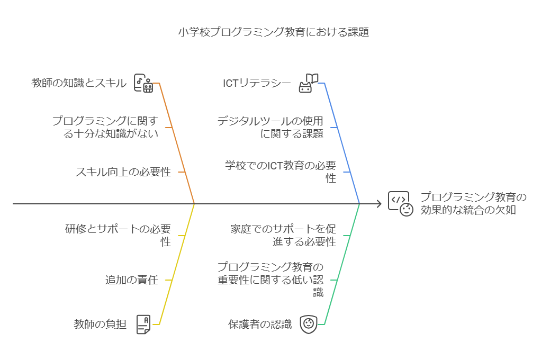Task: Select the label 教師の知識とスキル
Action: point(79,83)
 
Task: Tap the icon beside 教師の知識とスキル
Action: point(144,84)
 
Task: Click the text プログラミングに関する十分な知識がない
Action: point(105,127)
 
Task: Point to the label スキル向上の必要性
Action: point(123,172)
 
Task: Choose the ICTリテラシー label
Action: point(257,83)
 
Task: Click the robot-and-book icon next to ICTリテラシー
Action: point(309,84)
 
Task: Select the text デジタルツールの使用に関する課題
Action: point(270,127)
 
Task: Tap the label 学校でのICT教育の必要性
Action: point(280,172)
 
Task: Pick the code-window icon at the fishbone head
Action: point(400,203)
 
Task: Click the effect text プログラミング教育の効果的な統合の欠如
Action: point(473,203)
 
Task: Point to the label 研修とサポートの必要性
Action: point(118,235)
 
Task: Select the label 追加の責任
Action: point(131,280)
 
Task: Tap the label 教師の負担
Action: point(100,324)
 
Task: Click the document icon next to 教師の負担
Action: point(143,324)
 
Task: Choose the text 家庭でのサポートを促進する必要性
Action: point(283,235)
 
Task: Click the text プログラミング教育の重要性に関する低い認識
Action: point(270,280)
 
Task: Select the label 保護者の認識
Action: point(260,324)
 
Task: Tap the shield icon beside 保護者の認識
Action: point(308,324)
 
